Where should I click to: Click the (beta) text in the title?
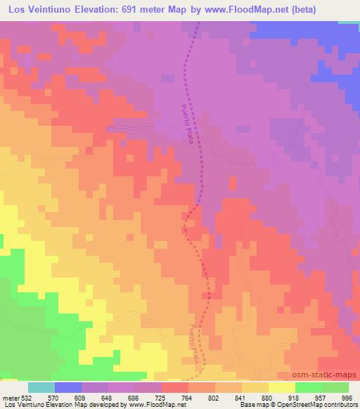pos(293,10)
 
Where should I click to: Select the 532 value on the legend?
pos(28,396)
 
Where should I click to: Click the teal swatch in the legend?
pos(41,387)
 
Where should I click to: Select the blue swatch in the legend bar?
pos(68,387)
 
